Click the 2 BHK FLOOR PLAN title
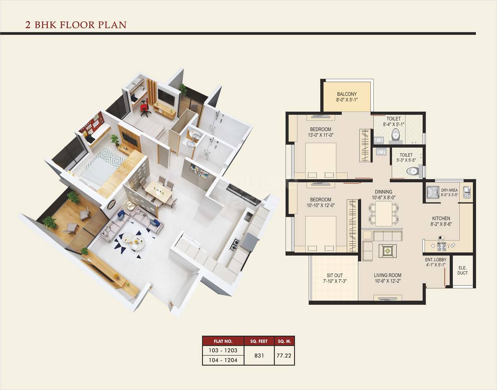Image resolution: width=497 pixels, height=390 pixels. (76, 25)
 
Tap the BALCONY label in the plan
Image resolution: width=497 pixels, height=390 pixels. (347, 94)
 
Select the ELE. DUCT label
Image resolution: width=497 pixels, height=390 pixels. (463, 270)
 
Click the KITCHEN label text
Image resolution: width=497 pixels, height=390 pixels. (441, 218)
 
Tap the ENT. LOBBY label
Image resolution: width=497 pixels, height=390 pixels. (436, 260)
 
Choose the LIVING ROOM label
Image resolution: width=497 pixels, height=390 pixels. (388, 275)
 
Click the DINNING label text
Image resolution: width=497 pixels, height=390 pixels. (384, 192)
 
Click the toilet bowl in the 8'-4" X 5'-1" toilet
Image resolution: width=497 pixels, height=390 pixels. (396, 134)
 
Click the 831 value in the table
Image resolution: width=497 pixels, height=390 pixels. (259, 355)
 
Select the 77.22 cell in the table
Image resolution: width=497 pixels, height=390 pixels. (285, 355)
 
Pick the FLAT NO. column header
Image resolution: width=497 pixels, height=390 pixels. (223, 342)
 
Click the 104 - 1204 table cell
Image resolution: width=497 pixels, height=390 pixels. (223, 360)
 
